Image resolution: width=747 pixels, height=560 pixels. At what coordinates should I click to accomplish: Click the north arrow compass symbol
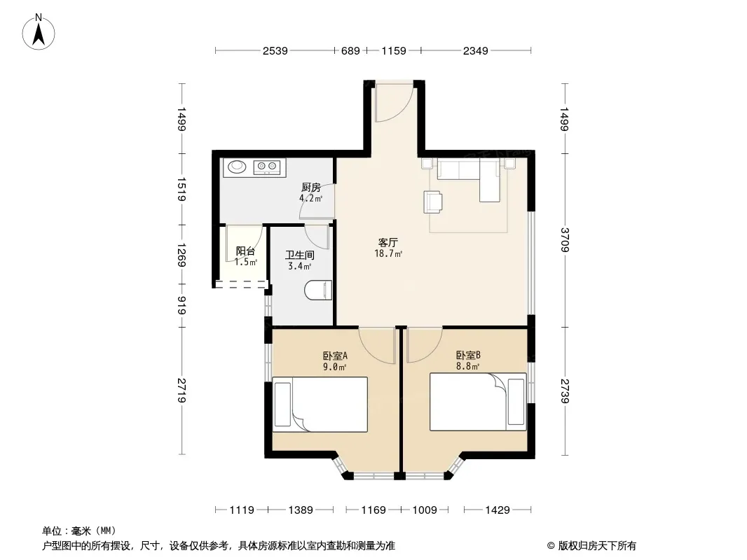tap(39, 31)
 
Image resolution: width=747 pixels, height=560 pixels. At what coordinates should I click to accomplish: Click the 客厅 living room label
tap(388, 243)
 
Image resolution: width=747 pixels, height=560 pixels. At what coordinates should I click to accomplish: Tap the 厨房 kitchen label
tap(310, 188)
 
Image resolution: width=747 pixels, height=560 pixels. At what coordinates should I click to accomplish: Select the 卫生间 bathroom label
tap(300, 255)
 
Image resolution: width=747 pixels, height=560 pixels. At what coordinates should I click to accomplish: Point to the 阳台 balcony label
tap(245, 251)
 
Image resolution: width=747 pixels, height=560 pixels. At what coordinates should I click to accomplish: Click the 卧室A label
tap(336, 356)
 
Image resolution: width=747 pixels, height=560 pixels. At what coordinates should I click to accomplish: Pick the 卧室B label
tap(468, 355)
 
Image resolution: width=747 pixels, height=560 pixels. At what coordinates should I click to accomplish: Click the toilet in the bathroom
tap(318, 290)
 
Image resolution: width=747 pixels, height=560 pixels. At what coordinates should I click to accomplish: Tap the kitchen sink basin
tap(236, 167)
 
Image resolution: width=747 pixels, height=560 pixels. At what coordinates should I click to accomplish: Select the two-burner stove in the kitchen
tap(266, 166)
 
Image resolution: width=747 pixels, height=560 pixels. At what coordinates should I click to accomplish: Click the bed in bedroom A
tap(320, 405)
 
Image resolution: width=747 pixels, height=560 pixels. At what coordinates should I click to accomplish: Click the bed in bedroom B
tap(479, 402)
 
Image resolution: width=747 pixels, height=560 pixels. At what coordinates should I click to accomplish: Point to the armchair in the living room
tap(432, 202)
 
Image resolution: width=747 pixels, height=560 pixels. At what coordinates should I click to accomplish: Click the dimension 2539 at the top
tap(275, 50)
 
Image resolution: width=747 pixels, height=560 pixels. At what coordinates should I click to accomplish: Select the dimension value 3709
tap(565, 240)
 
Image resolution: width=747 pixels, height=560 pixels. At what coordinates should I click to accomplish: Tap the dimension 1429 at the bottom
tap(498, 510)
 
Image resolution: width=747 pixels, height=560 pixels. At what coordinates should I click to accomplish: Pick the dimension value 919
tap(181, 305)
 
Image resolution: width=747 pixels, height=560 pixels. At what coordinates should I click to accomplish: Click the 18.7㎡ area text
tap(388, 253)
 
